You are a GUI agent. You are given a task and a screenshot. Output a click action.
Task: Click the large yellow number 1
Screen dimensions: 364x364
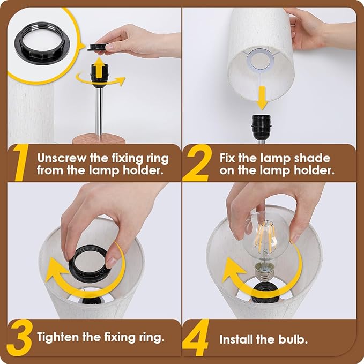(x=21, y=162)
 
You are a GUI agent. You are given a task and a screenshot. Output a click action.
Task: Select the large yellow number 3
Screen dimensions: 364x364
(x=19, y=338)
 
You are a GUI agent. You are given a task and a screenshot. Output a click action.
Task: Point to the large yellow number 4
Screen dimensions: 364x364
(x=196, y=338)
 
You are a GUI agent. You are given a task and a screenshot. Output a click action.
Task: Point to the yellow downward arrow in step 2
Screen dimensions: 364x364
(x=262, y=98)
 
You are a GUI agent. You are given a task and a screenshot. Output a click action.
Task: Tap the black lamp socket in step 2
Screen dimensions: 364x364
(x=261, y=127)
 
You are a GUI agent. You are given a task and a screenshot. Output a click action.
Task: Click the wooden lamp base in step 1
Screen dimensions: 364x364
(x=99, y=139)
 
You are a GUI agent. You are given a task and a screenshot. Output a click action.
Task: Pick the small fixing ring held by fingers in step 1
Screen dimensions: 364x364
(x=97, y=47)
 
